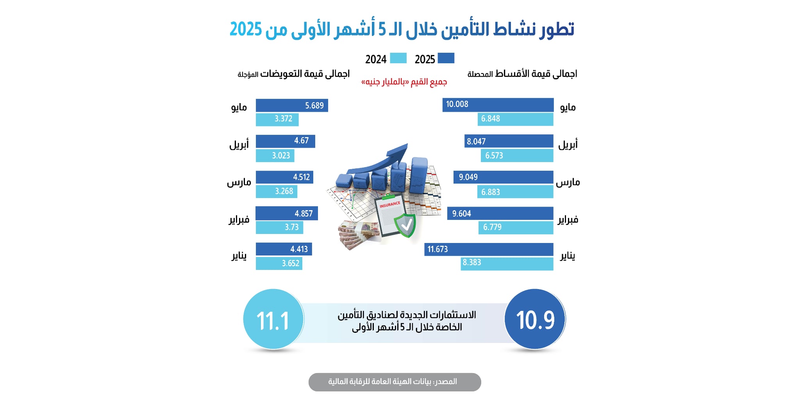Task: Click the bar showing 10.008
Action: tap(498, 105)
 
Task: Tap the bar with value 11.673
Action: tap(489, 249)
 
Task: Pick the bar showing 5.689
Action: tap(291, 105)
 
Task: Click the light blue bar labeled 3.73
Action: tap(279, 227)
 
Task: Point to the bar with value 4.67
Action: tap(285, 141)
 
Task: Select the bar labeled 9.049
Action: tap(503, 177)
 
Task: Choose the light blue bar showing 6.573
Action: tap(517, 155)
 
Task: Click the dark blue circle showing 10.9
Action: tap(535, 319)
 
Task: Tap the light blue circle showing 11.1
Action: tap(273, 319)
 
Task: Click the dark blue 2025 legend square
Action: tap(446, 58)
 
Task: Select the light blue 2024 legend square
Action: tap(398, 58)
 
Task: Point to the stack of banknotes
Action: tap(357, 234)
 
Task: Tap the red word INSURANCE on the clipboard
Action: tap(390, 204)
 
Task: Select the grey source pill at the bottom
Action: tap(395, 382)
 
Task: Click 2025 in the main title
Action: tap(246, 29)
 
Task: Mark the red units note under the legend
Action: tap(404, 82)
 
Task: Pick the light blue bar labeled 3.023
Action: tap(275, 155)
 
